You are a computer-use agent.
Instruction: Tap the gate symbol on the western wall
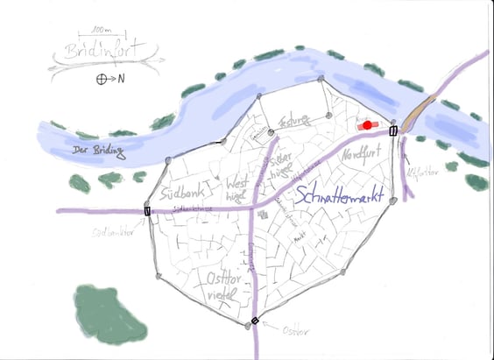tap(147, 210)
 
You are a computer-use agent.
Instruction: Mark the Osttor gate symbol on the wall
tap(255, 321)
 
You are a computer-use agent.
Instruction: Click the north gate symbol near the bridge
tap(392, 131)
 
